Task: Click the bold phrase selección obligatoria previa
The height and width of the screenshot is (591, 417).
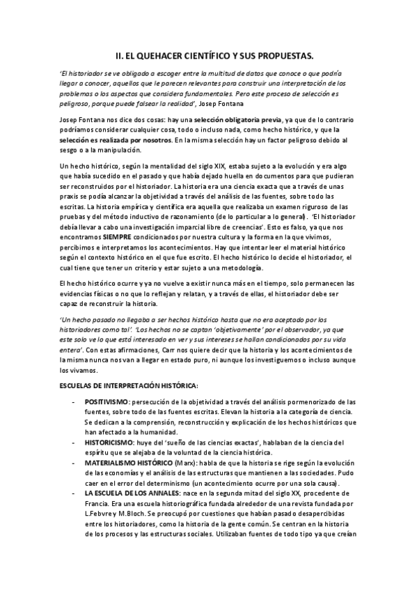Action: [x=215, y=121]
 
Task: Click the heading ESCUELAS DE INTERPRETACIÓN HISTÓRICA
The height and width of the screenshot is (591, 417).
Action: [x=129, y=384]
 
